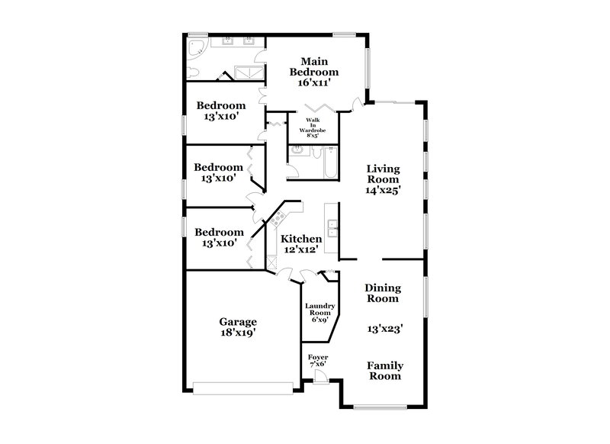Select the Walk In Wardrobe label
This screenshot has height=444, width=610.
coord(313,127)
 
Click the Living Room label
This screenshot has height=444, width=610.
coord(384,175)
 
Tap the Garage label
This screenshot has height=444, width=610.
coord(239,321)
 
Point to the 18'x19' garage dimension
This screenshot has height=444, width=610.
coord(239,333)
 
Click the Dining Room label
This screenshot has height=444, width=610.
coord(384,293)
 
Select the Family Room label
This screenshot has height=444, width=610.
coord(384,371)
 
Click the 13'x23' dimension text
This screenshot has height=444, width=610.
coord(384,329)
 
